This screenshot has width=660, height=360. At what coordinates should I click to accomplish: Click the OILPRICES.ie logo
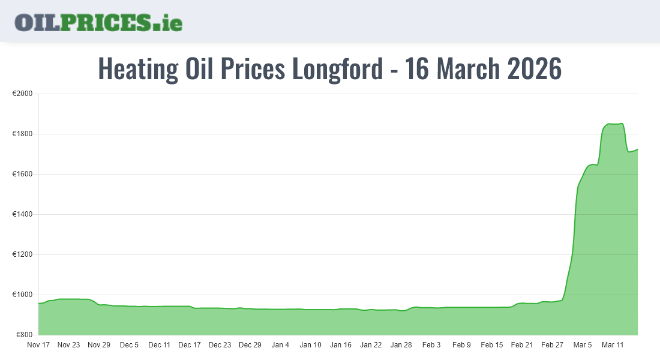coord(98,22)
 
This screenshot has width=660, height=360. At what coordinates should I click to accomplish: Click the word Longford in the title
coord(337,69)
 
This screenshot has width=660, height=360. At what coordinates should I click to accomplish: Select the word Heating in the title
coord(137,69)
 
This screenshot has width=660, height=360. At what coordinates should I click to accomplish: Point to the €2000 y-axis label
coord(22,94)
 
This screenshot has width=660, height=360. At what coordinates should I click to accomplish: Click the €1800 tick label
coord(22,134)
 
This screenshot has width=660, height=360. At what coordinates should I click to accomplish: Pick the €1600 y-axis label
coord(22,174)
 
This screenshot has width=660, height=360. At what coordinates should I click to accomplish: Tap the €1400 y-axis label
coord(22,214)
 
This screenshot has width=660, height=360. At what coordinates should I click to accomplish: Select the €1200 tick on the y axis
coord(22,254)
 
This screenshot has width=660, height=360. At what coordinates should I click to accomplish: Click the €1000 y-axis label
coord(22,295)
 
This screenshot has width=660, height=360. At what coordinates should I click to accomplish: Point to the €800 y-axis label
coord(24,335)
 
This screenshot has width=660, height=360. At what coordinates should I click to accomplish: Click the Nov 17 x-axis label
coord(38,345)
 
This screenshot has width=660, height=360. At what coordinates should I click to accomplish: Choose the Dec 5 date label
coord(129,345)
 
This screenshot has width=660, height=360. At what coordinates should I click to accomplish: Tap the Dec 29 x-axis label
coord(250,345)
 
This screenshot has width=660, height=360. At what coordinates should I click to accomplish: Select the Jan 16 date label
coord(341,345)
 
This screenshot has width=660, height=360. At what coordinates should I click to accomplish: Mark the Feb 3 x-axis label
coord(431,345)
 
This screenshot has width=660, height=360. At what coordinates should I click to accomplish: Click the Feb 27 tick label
coord(552,345)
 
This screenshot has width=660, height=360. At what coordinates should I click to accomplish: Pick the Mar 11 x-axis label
coord(613,345)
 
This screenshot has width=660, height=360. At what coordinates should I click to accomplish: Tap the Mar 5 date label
coord(583,345)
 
